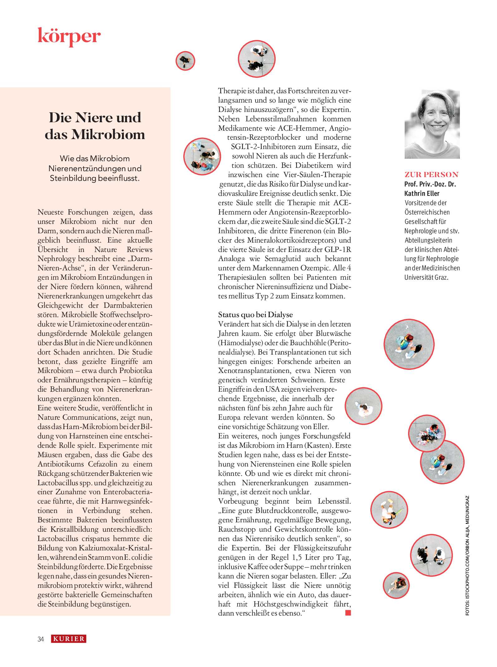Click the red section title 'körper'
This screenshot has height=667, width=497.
[x=69, y=36]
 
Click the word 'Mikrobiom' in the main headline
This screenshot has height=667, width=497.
[x=108, y=135]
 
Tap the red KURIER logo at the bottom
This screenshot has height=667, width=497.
[x=69, y=639]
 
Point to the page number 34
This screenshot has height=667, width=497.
[x=41, y=639]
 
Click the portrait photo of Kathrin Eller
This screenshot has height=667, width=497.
[x=432, y=124]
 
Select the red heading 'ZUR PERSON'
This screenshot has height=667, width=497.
[x=431, y=175]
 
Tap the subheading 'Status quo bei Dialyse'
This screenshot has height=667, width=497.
[x=255, y=314]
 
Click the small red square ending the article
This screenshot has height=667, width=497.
[x=348, y=613]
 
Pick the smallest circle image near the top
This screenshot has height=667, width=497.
[x=185, y=61]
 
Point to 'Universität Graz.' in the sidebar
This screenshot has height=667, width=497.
[x=426, y=277]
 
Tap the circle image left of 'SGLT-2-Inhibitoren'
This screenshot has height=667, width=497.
[x=202, y=156]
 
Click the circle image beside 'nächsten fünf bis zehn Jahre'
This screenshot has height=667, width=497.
[x=363, y=406]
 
